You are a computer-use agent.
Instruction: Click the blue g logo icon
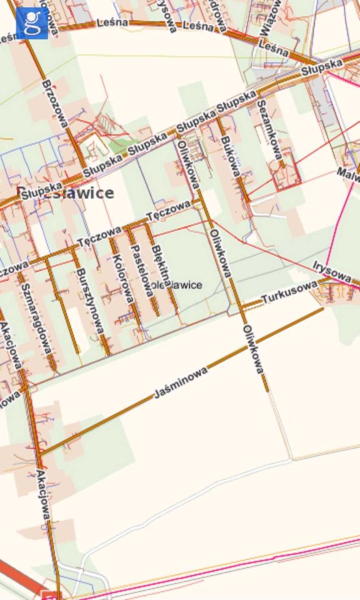(32, 23)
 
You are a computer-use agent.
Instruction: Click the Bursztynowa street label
(89, 299)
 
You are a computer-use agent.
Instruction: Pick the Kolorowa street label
(122, 279)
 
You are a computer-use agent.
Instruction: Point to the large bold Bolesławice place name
(66, 192)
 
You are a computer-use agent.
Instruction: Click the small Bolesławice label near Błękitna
(176, 285)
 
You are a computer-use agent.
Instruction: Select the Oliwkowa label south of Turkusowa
(254, 350)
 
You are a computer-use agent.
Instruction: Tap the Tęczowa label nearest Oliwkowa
(168, 211)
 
